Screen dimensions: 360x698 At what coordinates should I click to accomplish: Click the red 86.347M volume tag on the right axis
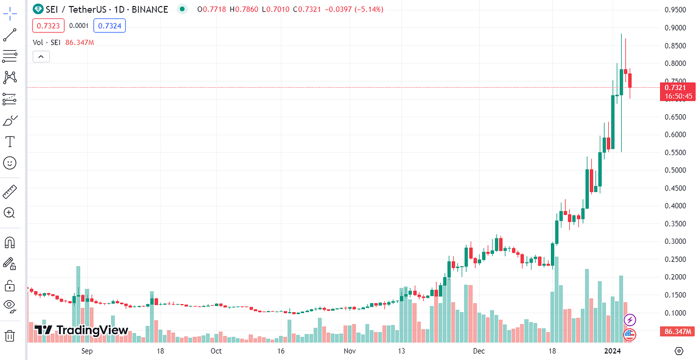point(677,331)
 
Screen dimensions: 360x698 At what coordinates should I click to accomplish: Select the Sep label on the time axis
point(87,351)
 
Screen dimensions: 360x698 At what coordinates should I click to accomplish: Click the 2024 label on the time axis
point(613,351)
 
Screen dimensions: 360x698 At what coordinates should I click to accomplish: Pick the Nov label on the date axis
point(349,351)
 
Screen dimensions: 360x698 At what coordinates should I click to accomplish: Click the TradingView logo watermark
point(82,330)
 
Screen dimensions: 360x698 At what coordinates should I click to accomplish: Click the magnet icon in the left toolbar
point(9,242)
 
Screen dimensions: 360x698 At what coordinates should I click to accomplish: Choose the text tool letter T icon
point(9,142)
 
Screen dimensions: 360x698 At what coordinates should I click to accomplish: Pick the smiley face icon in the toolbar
point(9,163)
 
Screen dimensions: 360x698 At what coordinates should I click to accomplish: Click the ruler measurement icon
point(9,191)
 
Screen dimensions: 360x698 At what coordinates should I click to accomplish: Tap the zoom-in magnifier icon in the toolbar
point(9,213)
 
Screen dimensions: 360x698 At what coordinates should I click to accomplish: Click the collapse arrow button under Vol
point(41,57)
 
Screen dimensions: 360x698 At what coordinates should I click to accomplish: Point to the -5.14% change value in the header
point(369,9)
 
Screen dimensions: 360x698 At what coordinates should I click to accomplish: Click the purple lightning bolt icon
point(630,320)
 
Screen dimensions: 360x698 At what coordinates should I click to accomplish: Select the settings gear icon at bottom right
point(679,351)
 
